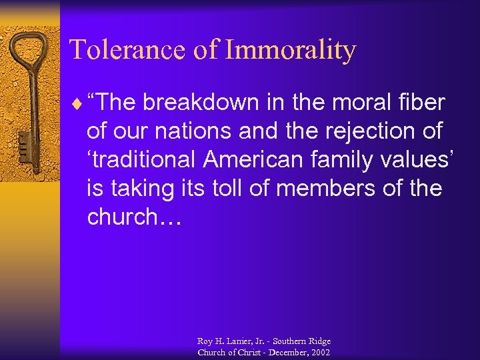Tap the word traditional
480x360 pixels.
point(145,160)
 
